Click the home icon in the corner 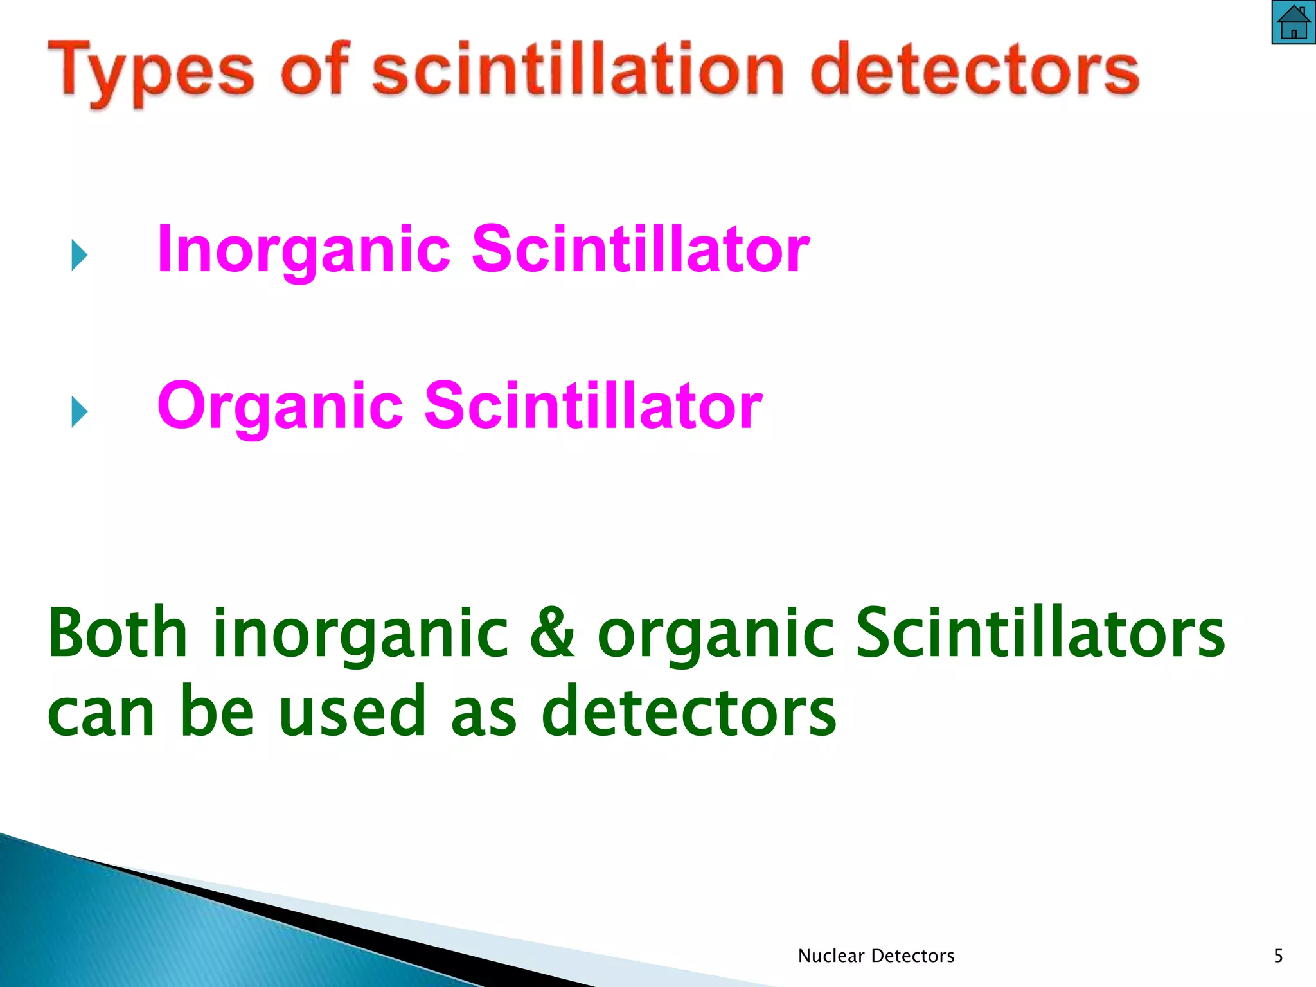(x=1293, y=22)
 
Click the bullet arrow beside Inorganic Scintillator (x=79, y=255)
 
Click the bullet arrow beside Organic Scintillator (x=79, y=412)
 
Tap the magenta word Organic (x=280, y=407)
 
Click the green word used (x=353, y=712)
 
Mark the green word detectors (x=688, y=712)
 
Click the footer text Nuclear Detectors (x=876, y=956)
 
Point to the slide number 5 (x=1278, y=956)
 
